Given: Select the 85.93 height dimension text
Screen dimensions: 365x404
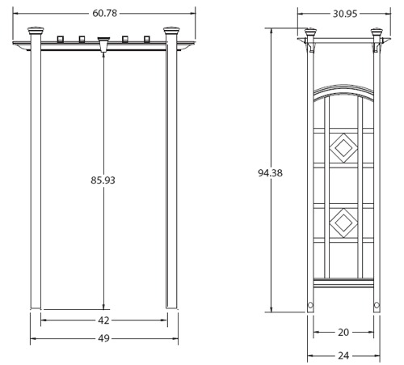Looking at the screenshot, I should (x=103, y=180).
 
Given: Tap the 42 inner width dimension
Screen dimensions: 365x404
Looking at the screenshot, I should (x=103, y=320).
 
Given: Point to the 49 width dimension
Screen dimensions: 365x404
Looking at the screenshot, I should (x=103, y=338).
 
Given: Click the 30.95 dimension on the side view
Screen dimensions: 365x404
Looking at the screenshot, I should (x=343, y=14).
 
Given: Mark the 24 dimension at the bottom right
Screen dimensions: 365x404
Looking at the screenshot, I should (x=343, y=354).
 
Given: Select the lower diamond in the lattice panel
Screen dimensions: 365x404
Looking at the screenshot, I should (x=343, y=220).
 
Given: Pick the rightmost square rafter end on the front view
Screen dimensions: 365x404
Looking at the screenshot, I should (x=146, y=37).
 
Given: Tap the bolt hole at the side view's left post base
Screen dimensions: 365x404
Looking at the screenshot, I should (x=311, y=306).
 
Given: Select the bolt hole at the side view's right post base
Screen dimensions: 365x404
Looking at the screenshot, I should (x=376, y=306).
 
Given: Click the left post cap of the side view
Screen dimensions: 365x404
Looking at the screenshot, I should (x=311, y=34).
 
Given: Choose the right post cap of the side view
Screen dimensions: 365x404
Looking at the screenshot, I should (x=376, y=34).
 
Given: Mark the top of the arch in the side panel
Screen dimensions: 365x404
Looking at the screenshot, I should (x=343, y=86).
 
